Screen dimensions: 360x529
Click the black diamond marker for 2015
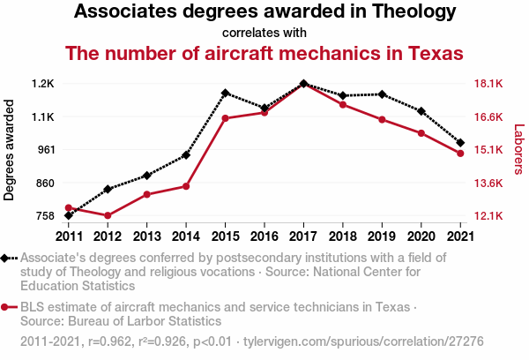(225, 93)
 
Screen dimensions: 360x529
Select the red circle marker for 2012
(108, 215)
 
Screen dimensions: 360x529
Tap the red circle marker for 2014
(186, 186)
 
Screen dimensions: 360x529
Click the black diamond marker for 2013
(146, 176)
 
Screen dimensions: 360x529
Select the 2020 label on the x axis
(421, 236)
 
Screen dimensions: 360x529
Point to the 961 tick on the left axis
(46, 150)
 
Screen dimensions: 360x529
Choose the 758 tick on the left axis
(46, 216)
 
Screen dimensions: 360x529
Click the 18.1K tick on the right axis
(488, 84)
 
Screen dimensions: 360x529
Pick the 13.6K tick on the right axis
(488, 184)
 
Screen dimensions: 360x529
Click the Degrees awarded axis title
(10, 150)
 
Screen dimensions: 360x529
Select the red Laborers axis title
(518, 148)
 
